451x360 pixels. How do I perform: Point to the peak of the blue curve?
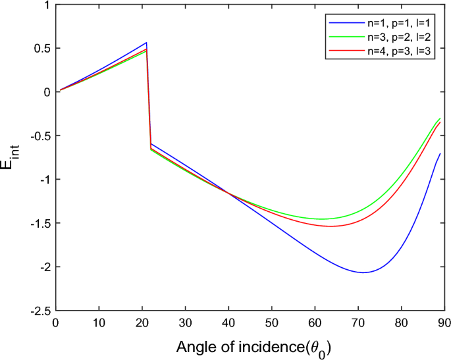pyautogui.click(x=146, y=42)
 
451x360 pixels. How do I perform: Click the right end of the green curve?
pyautogui.click(x=440, y=118)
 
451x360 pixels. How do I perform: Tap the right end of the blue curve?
pyautogui.click(x=440, y=153)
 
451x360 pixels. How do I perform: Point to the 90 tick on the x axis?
pyautogui.click(x=444, y=310)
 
